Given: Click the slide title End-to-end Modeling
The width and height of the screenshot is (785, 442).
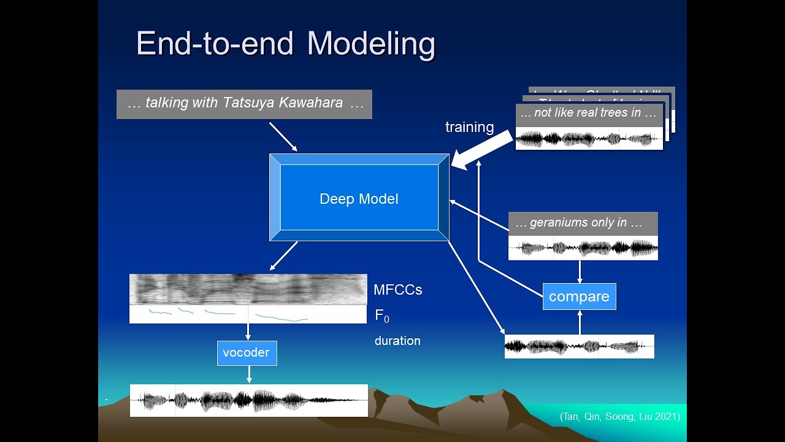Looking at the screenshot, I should click(x=285, y=44).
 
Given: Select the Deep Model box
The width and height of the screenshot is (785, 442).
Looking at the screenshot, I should click(x=359, y=198).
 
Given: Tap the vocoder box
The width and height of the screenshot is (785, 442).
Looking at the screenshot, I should click(x=247, y=353).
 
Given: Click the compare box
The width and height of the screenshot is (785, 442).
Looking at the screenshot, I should click(x=579, y=297).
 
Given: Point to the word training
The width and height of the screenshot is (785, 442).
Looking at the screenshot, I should click(x=469, y=127).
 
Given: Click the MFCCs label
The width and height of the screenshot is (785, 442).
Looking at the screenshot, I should click(x=397, y=290).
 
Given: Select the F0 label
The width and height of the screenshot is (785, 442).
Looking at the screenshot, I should click(x=381, y=316).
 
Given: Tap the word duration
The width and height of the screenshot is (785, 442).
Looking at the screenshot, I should click(x=397, y=341).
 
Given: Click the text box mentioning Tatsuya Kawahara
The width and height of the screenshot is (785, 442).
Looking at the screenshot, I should click(x=244, y=104).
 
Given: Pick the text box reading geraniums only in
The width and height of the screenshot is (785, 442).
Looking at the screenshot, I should click(x=583, y=223).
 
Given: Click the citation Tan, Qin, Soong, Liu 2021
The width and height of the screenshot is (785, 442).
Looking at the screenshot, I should click(x=619, y=417).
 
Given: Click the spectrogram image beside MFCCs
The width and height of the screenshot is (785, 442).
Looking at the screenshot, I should click(x=248, y=289).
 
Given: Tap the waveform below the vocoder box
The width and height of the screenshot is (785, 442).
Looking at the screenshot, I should click(x=248, y=400).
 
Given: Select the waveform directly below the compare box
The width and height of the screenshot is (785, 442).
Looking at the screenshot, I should click(x=579, y=346).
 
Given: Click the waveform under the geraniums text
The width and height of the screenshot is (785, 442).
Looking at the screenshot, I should click(x=583, y=248).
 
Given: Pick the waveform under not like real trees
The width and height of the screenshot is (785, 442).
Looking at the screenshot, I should click(x=589, y=139).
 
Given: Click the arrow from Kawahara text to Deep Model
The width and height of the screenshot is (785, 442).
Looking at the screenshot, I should click(x=283, y=136).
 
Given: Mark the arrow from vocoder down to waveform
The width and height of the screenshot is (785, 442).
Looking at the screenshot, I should click(x=249, y=374).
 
